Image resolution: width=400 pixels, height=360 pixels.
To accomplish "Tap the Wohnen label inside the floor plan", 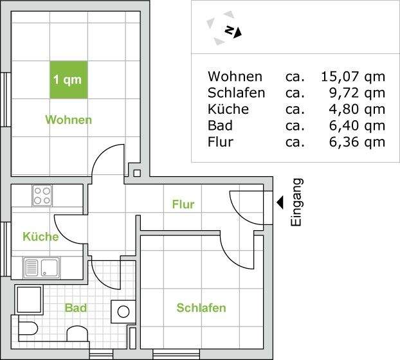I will point(68,120).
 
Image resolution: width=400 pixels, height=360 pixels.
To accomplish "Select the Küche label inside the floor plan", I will point(41,237).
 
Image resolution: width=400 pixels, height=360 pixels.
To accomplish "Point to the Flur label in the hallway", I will point(183,204).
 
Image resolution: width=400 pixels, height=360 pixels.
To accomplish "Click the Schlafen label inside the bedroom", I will point(201,309).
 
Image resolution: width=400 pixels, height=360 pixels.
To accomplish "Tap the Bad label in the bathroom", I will point(76,308).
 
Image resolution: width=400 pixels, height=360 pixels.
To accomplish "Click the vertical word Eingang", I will point(296,203).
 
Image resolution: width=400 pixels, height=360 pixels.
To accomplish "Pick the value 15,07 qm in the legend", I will point(352,77).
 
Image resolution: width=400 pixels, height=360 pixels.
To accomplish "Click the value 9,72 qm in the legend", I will point(357,93).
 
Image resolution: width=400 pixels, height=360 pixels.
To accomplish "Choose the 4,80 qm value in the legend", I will point(357,109).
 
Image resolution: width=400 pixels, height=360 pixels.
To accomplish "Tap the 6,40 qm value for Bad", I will point(357,125).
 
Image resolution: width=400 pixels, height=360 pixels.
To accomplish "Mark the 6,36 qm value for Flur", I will point(357,141).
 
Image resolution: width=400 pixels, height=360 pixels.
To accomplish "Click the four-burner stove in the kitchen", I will point(42,195).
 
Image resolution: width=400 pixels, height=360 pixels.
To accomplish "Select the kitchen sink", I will point(42,266).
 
